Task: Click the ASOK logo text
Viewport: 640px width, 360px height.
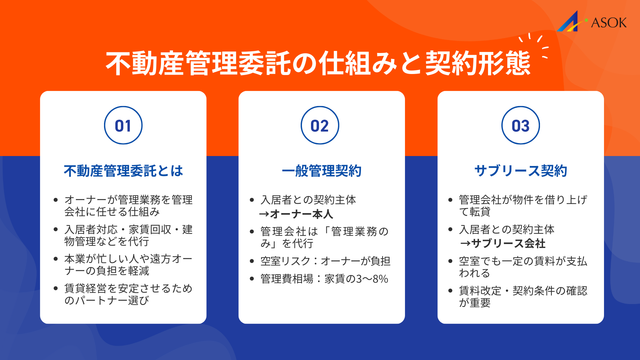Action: [x=609, y=23]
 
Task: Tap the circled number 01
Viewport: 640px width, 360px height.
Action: [x=123, y=126]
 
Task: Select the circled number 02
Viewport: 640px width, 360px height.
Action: [x=320, y=126]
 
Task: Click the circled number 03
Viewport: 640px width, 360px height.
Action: [x=520, y=126]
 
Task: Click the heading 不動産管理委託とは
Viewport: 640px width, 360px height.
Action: [x=123, y=171]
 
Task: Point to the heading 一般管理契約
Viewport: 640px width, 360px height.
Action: [x=322, y=171]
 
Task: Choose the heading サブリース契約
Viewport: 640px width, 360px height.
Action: [x=521, y=171]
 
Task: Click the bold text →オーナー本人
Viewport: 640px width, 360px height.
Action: [x=296, y=214]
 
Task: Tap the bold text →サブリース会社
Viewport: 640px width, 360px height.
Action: [x=503, y=244]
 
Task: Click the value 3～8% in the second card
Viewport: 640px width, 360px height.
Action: [x=372, y=279]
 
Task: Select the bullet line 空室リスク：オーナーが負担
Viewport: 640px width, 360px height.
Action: [x=325, y=261]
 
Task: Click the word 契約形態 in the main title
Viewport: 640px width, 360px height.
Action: [x=477, y=63]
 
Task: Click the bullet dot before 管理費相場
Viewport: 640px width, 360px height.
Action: [x=252, y=279]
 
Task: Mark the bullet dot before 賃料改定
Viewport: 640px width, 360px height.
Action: [x=450, y=291]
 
